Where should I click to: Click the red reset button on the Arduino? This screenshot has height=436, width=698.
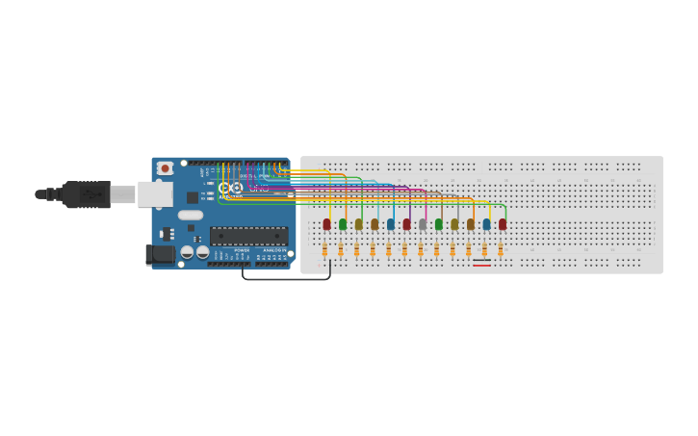[x=165, y=168]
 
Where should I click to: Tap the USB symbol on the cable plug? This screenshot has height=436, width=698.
[x=92, y=194]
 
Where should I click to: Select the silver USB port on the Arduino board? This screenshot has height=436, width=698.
[x=154, y=194]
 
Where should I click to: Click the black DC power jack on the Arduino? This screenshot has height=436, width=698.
[x=160, y=254]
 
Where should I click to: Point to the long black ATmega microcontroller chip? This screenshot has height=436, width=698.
[x=248, y=236]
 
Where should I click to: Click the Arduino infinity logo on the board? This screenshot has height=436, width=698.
[x=230, y=189]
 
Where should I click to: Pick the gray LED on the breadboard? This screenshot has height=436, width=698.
[x=423, y=224]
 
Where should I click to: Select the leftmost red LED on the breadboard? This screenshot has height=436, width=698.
[x=326, y=224]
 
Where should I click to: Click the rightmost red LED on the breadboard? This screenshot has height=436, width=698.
[x=502, y=224]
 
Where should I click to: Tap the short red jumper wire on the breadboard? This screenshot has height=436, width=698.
[x=481, y=266]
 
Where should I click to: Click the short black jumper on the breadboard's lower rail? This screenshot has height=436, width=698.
[x=481, y=260]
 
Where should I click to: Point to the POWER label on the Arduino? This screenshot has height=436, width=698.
[x=241, y=250]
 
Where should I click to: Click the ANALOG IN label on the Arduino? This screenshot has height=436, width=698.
[x=273, y=250]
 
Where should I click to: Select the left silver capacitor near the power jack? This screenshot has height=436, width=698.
[x=187, y=252]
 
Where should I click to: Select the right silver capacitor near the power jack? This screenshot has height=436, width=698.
[x=202, y=252]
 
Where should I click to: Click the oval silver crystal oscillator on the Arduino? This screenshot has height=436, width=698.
[x=191, y=216]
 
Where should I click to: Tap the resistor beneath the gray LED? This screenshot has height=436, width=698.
[x=421, y=249]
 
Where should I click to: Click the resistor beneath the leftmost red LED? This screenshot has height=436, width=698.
[x=324, y=249]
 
